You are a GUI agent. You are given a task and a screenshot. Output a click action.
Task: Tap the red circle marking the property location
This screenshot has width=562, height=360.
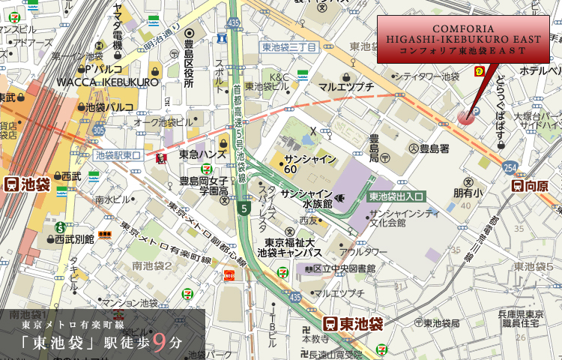pyautogui.click(x=466, y=115)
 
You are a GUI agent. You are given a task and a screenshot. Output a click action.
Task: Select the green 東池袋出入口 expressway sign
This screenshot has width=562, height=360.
pyautogui.click(x=396, y=196)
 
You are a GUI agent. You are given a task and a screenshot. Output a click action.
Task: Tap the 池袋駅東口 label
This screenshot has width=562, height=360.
pyautogui.click(x=118, y=155)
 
